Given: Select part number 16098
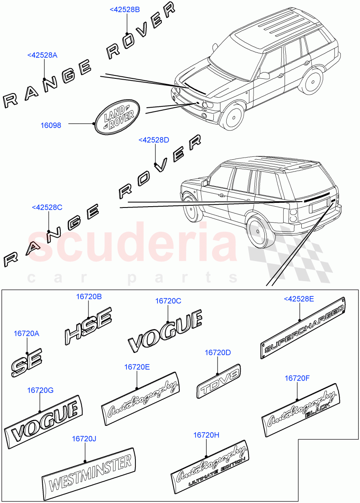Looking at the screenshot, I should [x=51, y=124].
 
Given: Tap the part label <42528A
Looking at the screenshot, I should [x=42, y=55].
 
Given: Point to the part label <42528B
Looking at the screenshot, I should [x=124, y=10].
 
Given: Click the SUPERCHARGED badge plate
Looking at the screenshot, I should [x=303, y=328].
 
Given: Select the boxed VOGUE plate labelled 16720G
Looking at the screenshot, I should [x=44, y=420].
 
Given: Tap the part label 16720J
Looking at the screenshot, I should [x=84, y=438].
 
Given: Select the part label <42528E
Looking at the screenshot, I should [x=299, y=298].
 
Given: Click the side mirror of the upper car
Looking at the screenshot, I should [x=264, y=75].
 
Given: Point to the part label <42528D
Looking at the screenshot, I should [x=154, y=140].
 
